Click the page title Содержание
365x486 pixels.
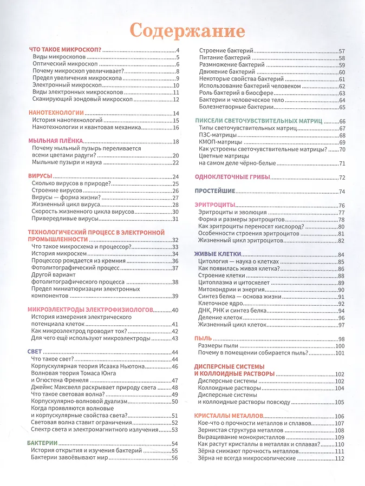(x=186, y=29)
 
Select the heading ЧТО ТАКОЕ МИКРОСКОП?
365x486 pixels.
(x=65, y=50)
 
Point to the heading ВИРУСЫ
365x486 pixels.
(x=40, y=176)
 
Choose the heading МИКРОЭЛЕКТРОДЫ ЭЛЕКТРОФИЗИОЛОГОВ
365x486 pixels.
(x=91, y=310)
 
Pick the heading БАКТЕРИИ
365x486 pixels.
(x=43, y=443)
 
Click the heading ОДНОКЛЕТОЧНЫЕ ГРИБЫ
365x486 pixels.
(x=232, y=178)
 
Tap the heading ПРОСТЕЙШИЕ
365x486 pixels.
(x=215, y=191)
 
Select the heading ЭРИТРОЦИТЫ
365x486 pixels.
(x=215, y=205)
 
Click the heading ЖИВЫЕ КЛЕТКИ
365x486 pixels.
(x=218, y=254)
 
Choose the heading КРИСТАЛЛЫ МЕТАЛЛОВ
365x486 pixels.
(x=227, y=416)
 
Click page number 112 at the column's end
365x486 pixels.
(x=340, y=458)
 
